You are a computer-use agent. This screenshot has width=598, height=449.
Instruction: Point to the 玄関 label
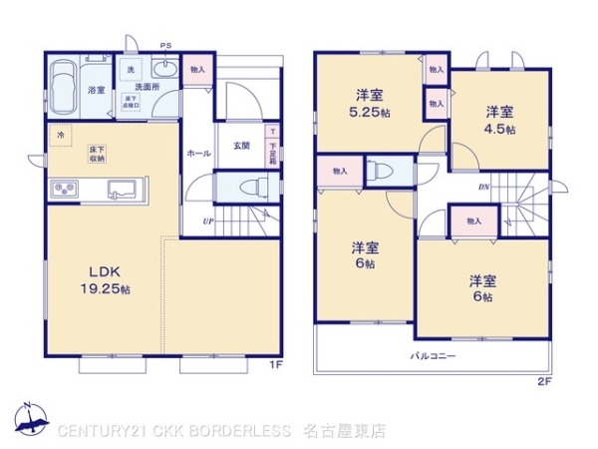(241, 147)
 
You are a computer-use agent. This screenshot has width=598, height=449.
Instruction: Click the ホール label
(197, 154)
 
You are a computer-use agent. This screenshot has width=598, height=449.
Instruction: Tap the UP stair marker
(207, 221)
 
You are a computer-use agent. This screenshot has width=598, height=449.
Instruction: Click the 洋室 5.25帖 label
(369, 104)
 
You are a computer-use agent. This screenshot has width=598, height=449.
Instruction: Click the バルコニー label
(432, 355)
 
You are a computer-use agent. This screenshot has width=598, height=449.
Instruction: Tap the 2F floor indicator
(543, 381)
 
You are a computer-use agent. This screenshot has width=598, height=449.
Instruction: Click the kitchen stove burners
(63, 188)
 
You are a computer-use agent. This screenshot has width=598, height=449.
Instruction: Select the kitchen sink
(124, 188)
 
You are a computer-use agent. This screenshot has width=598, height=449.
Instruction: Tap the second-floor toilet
(378, 170)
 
